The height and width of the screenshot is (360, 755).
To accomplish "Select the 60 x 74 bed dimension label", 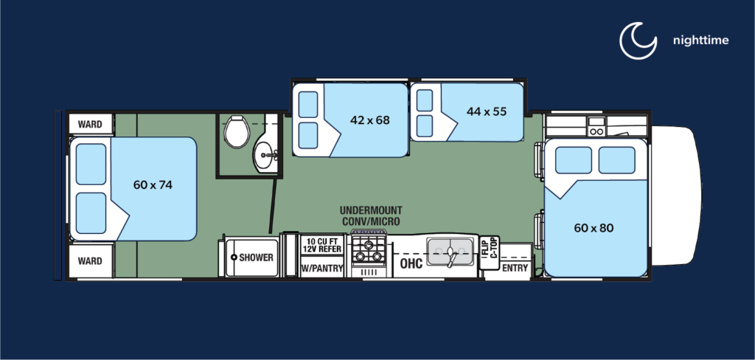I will click(153, 184).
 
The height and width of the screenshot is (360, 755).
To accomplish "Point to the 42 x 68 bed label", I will click(369, 120).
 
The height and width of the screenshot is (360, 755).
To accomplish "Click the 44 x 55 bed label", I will click(487, 111).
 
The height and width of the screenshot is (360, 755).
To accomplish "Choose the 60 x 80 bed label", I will click(594, 227).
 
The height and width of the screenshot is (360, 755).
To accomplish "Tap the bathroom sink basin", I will click(264, 154).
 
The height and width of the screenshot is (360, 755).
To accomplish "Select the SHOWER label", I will click(256, 257).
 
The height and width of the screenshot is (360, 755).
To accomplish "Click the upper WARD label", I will click(90, 123).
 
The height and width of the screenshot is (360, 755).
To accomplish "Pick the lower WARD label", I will click(90, 261).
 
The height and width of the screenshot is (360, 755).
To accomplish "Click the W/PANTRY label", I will click(323, 269).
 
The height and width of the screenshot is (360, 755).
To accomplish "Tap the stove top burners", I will click(368, 249).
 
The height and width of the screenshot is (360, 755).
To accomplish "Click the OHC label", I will click(411, 263).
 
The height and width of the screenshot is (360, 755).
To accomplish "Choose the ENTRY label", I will click(515, 268).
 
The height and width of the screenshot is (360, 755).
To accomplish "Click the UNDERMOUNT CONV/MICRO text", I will click(371, 216).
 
